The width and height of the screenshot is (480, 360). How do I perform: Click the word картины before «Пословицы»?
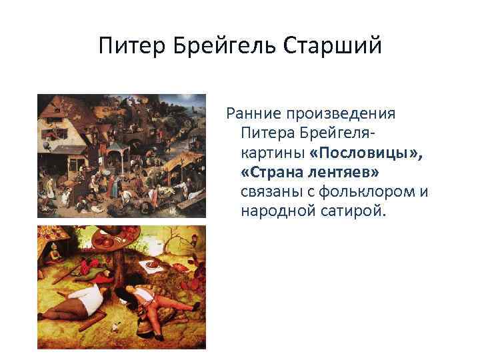pyautogui.click(x=272, y=153)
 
